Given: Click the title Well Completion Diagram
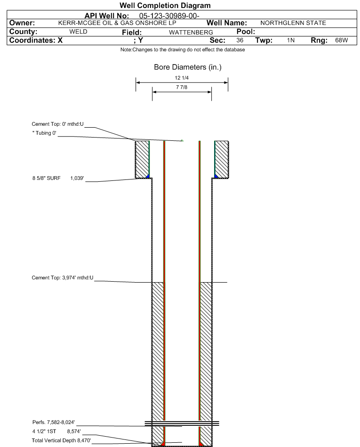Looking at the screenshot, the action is click(x=165, y=5).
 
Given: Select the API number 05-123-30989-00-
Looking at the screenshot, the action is click(x=169, y=16).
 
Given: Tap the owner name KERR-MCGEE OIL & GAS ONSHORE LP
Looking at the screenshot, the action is click(x=117, y=23).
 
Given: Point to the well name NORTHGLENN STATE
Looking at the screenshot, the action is click(x=293, y=23).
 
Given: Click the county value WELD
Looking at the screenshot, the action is click(x=78, y=32).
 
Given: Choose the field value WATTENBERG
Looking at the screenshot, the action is click(x=191, y=33).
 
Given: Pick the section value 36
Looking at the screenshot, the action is click(x=240, y=40).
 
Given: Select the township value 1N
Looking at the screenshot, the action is click(x=291, y=40).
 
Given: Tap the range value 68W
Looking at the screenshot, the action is click(x=342, y=40).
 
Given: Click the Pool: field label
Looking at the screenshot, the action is click(x=246, y=32).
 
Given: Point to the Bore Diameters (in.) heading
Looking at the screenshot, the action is click(x=188, y=67).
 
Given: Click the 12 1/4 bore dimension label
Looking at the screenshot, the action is click(x=182, y=78).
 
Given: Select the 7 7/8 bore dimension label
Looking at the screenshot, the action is click(x=182, y=87).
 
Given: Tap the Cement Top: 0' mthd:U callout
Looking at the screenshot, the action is click(x=57, y=124).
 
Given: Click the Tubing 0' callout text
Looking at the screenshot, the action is click(x=44, y=133).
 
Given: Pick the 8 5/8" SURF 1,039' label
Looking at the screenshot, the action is click(x=58, y=179).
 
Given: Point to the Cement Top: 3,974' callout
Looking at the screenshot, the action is click(x=63, y=277).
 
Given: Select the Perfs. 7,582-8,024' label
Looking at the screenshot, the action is click(x=54, y=422).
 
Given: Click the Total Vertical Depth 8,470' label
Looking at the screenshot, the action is click(x=61, y=440).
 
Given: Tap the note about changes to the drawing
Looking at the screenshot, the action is click(x=183, y=49).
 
